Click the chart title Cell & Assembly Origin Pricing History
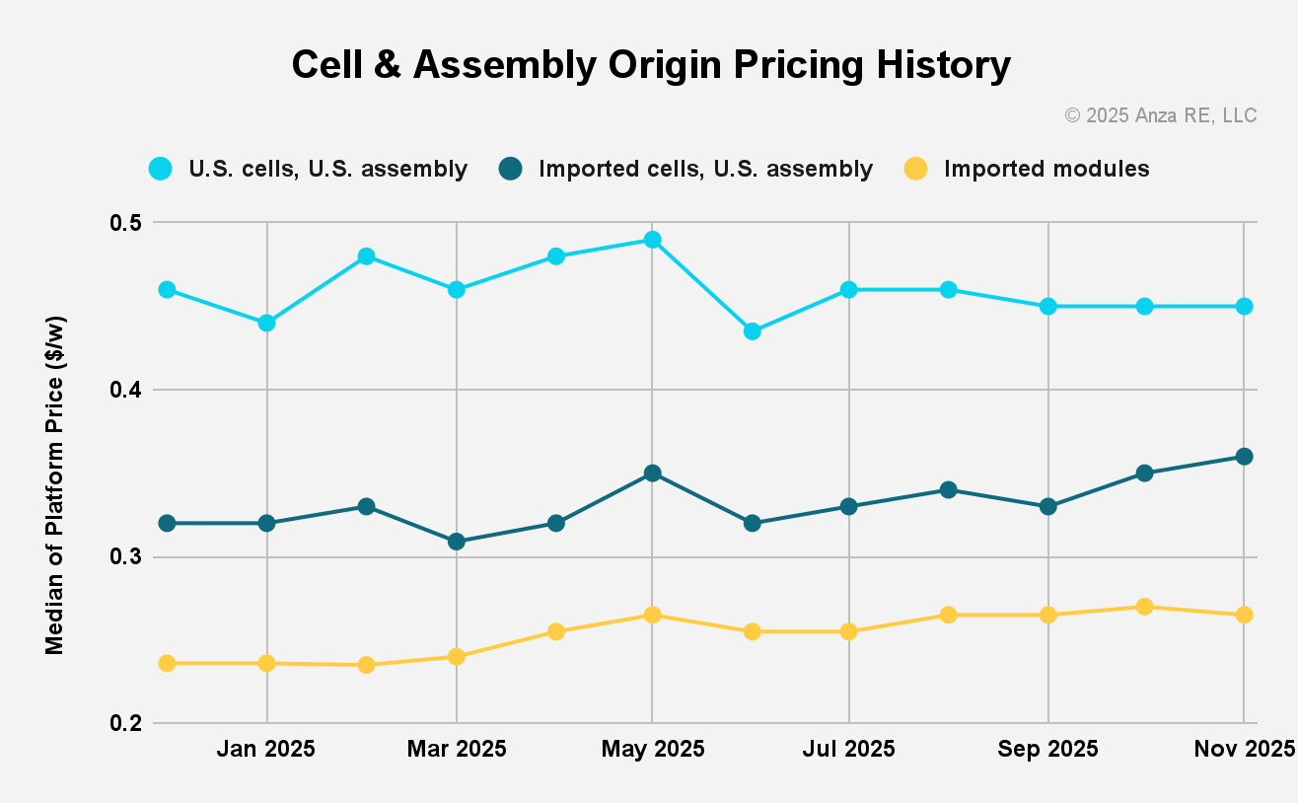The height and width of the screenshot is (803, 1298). coord(651,65)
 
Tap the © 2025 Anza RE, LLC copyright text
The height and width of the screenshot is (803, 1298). coord(1160,115)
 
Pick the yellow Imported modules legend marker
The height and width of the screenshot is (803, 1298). coord(916,169)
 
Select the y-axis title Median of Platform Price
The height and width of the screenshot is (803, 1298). coord(55,486)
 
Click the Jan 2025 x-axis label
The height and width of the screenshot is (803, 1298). coord(266,749)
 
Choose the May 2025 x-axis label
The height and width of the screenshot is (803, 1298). coord(652,749)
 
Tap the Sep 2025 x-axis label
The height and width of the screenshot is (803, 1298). coord(1047,749)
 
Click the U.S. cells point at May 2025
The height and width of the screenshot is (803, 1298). coord(652,240)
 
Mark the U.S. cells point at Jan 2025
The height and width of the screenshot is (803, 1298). coord(266,324)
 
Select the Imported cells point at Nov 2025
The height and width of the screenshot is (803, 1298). coord(1244,457)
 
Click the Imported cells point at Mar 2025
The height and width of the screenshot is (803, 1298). coord(456,542)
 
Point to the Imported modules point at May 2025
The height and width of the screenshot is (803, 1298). coord(652,616)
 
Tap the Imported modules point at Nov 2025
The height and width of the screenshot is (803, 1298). coord(1244,616)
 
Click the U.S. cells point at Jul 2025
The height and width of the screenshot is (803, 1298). coord(849,290)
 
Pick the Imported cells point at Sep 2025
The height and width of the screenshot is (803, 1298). coord(1047,507)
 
